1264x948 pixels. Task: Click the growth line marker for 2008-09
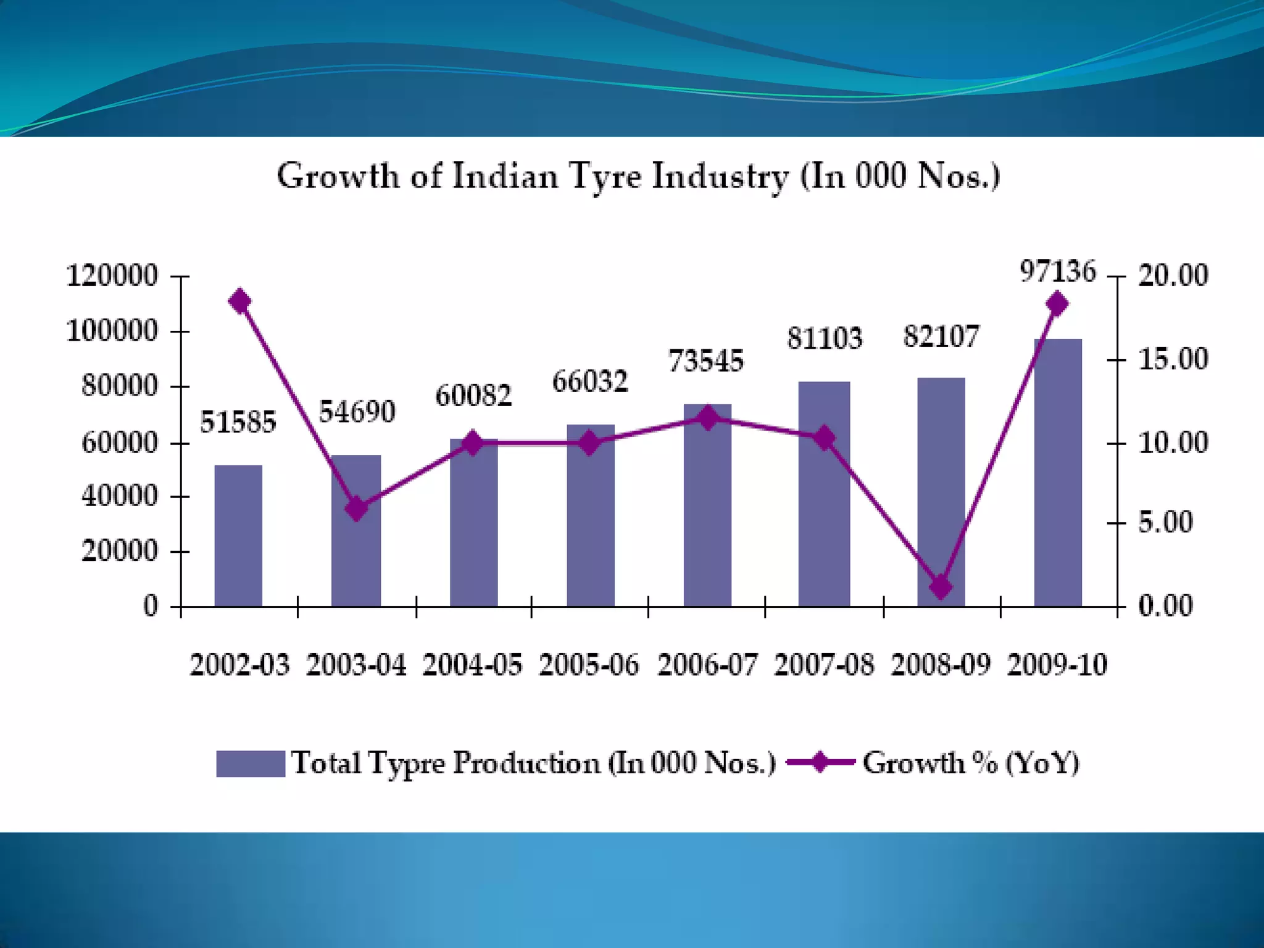pos(941,586)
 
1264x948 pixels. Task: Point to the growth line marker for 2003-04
pos(357,509)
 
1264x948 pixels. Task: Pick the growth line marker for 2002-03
pos(239,302)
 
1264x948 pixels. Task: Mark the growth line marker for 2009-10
pos(1057,304)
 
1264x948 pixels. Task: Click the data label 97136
pos(1057,272)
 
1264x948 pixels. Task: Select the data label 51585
pos(238,423)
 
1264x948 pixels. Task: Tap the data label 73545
pos(706,361)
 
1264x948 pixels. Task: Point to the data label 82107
pos(941,337)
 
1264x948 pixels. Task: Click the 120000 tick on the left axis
pos(112,275)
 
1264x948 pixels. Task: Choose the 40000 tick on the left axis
pos(120,496)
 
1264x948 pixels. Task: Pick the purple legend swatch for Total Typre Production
pos(251,763)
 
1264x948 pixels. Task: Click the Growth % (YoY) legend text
pos(970,763)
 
